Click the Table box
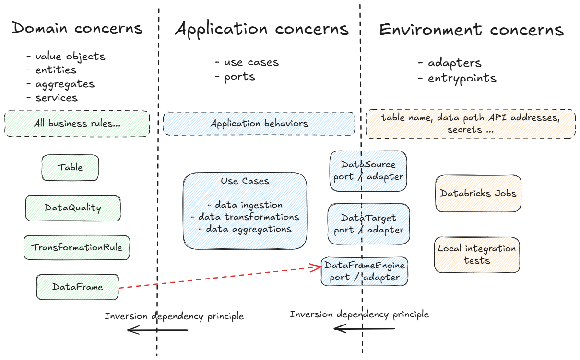click(x=70, y=168)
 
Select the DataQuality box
click(x=73, y=208)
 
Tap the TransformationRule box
click(x=77, y=248)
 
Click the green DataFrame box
click(x=77, y=287)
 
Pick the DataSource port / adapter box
click(x=368, y=171)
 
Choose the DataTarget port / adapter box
click(x=368, y=224)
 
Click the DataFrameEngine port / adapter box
click(x=365, y=271)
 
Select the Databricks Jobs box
click(x=478, y=193)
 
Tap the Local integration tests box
click(x=477, y=255)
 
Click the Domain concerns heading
click(x=77, y=28)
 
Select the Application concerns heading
click(x=261, y=29)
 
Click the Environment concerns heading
click(x=471, y=30)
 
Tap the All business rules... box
click(x=77, y=124)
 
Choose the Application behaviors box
click(x=259, y=124)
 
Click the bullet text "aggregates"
click(x=65, y=84)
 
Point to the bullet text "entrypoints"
click(x=462, y=78)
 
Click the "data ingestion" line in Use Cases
click(x=249, y=205)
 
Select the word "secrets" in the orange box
click(x=464, y=130)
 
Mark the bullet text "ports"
click(x=239, y=77)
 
